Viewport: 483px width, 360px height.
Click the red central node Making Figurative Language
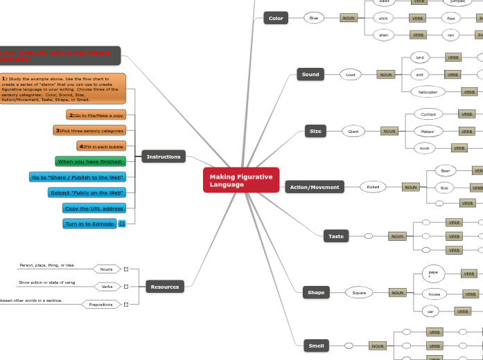click(241, 180)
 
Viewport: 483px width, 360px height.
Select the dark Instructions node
click(164, 157)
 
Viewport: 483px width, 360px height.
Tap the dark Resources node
click(164, 287)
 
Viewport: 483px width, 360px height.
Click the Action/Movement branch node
click(315, 187)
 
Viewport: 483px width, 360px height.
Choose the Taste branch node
click(335, 236)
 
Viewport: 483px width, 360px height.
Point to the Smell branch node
click(315, 345)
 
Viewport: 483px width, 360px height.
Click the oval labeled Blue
click(313, 18)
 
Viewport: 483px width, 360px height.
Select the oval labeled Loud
click(351, 74)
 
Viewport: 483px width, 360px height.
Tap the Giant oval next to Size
click(353, 131)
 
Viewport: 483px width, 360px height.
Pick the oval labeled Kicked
click(373, 187)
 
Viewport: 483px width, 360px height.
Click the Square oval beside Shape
click(359, 293)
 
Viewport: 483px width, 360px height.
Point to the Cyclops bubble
click(428, 114)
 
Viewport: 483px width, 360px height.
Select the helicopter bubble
click(423, 91)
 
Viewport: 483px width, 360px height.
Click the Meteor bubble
click(428, 130)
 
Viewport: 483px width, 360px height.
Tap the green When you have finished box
click(90, 161)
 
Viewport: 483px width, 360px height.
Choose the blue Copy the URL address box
click(94, 208)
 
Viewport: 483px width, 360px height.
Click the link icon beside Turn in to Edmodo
click(122, 224)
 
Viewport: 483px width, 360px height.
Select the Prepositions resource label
click(100, 304)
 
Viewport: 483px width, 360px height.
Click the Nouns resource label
click(106, 269)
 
